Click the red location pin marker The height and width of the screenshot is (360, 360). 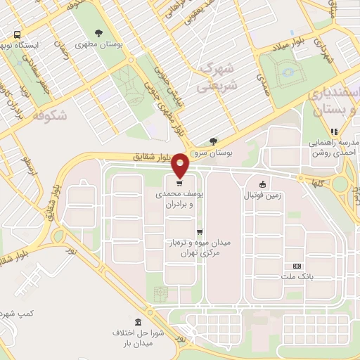pos(181,165)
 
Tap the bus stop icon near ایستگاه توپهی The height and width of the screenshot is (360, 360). pos(18,34)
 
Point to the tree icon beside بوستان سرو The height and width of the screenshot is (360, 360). pos(213,141)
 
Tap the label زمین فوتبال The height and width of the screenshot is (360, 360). pos(262,195)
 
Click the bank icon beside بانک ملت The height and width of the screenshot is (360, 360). pos(297,266)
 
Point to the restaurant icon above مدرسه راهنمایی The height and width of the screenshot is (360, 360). pos(335,131)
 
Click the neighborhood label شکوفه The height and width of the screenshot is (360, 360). pos(50,115)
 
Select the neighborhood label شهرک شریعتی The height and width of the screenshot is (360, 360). pos(211,77)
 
